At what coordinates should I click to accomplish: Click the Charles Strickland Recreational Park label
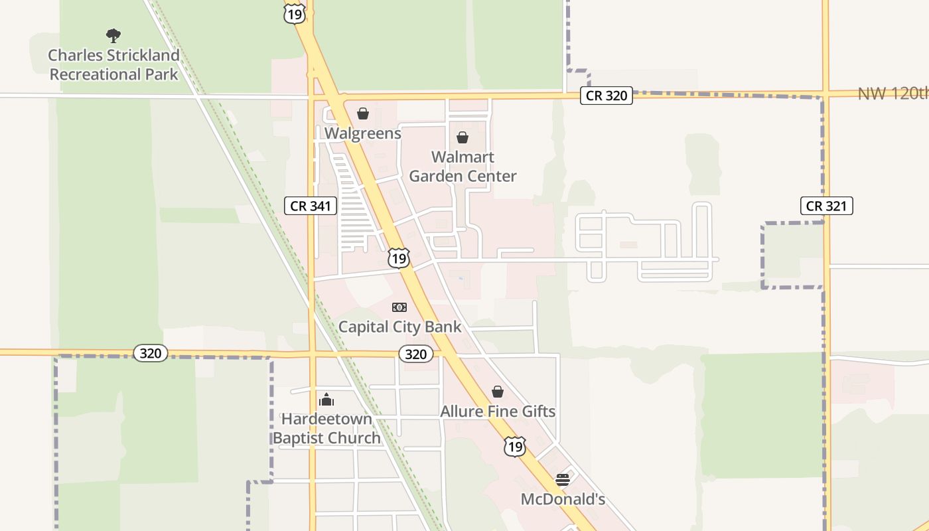113,64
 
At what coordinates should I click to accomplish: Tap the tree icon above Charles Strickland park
113,35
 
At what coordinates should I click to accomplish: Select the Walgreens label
362,133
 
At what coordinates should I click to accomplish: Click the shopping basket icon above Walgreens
363,114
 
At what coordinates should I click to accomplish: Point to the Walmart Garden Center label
463,167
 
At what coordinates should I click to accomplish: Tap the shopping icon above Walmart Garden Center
463,137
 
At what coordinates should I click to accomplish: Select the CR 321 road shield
826,206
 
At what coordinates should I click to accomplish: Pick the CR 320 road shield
607,96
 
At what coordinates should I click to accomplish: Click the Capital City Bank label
399,327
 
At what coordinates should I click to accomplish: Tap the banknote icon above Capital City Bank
399,307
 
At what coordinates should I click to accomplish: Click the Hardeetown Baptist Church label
326,428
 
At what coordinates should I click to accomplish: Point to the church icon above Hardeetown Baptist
326,400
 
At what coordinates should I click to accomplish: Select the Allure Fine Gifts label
498,412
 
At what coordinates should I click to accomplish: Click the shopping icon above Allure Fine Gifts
498,392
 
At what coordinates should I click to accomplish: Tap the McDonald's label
563,499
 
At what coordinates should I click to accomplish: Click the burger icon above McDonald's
563,479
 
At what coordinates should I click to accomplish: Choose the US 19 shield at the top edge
294,13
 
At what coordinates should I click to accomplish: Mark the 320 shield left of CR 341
150,353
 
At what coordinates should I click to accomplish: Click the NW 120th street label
893,94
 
